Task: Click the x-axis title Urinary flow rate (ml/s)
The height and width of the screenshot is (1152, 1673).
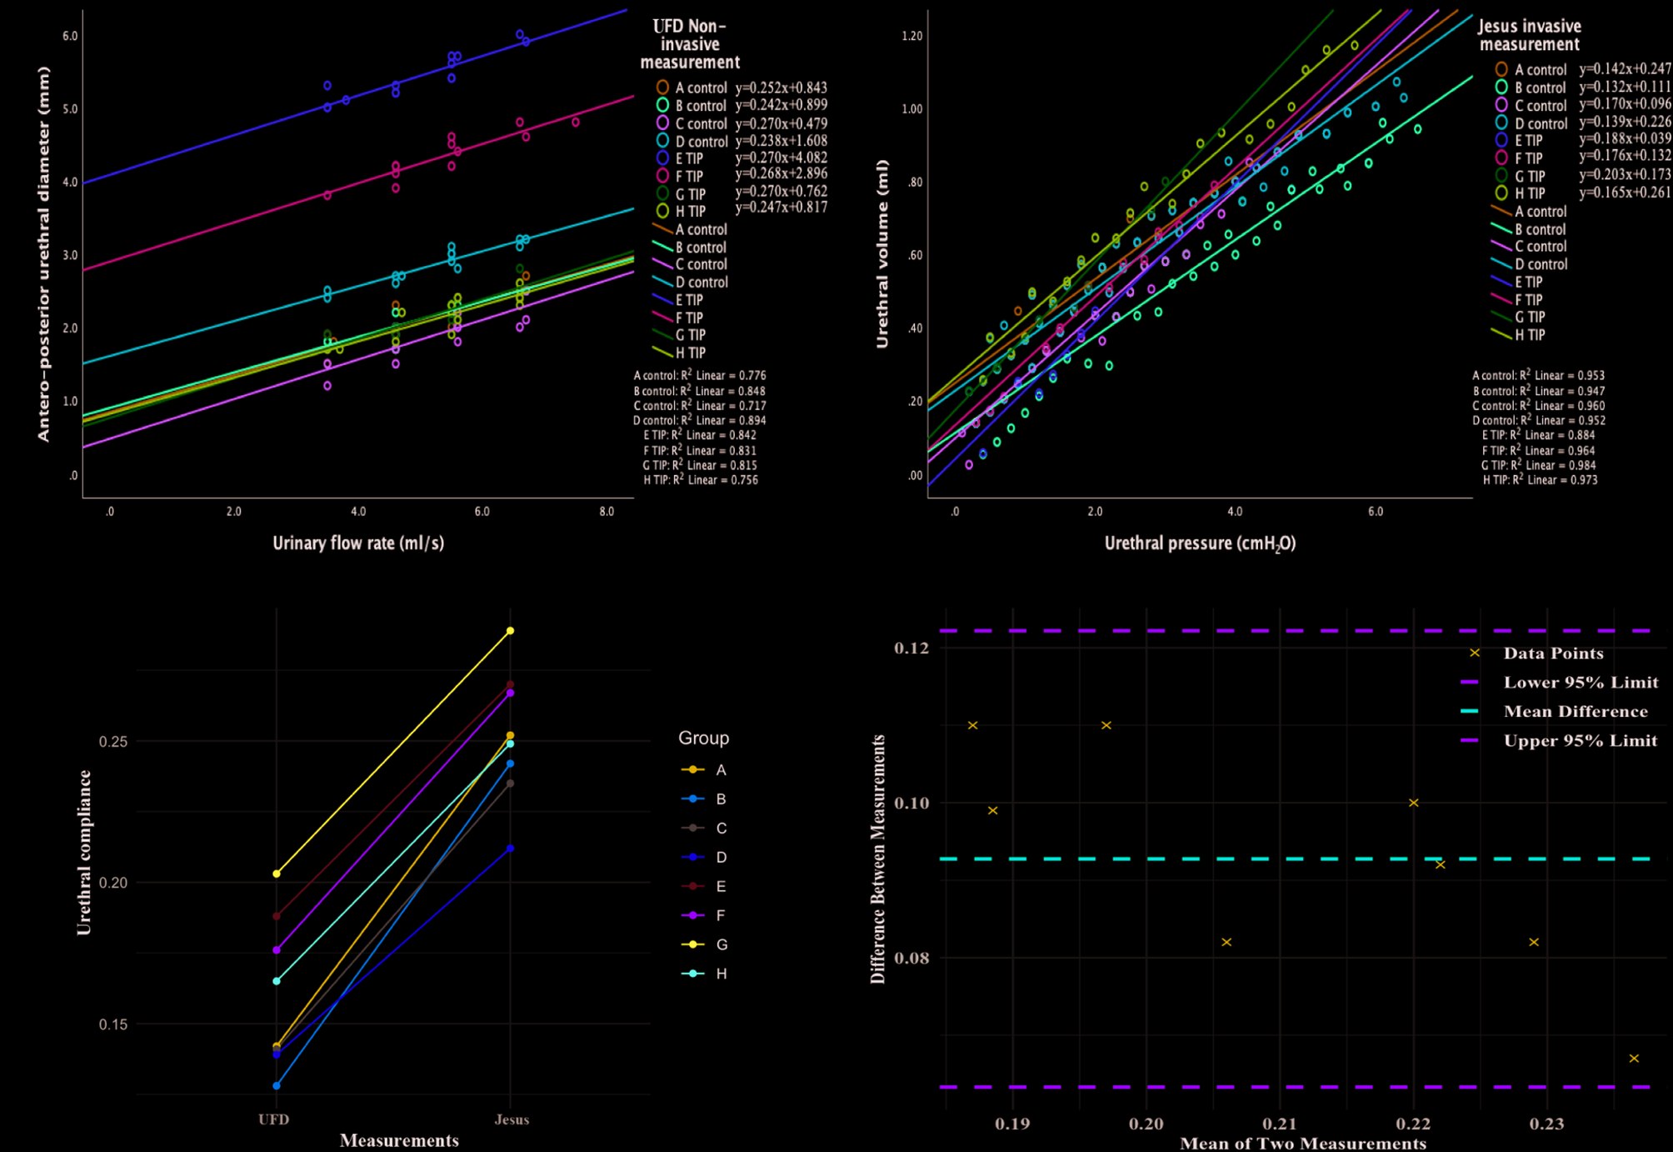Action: click(x=358, y=543)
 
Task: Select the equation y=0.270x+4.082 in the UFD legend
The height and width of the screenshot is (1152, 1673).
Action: click(x=781, y=158)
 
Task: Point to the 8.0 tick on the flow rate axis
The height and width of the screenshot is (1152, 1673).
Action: click(x=607, y=512)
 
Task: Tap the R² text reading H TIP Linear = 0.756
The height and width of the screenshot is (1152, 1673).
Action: click(x=700, y=480)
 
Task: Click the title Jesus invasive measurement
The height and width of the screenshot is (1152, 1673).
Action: click(x=1530, y=35)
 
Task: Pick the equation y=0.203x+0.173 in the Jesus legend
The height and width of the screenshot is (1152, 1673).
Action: click(x=1625, y=175)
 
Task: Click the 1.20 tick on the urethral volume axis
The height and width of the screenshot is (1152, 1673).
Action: click(x=911, y=36)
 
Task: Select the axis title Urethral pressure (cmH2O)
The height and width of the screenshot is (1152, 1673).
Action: click(x=1200, y=543)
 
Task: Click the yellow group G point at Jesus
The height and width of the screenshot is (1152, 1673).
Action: click(x=511, y=631)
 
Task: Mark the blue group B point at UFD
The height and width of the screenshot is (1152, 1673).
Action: click(x=277, y=1085)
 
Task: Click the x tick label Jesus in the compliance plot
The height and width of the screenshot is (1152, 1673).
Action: click(x=512, y=1119)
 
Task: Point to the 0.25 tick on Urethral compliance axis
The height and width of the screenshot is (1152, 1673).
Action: click(x=113, y=742)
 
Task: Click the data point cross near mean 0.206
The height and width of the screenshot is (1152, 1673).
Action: click(x=1226, y=942)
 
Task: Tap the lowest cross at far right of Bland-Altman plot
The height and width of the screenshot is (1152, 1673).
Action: click(x=1634, y=1059)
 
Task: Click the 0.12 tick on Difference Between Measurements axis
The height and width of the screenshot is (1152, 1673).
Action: click(x=911, y=648)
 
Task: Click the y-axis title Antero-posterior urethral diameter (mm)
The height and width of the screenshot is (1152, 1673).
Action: click(x=43, y=254)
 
